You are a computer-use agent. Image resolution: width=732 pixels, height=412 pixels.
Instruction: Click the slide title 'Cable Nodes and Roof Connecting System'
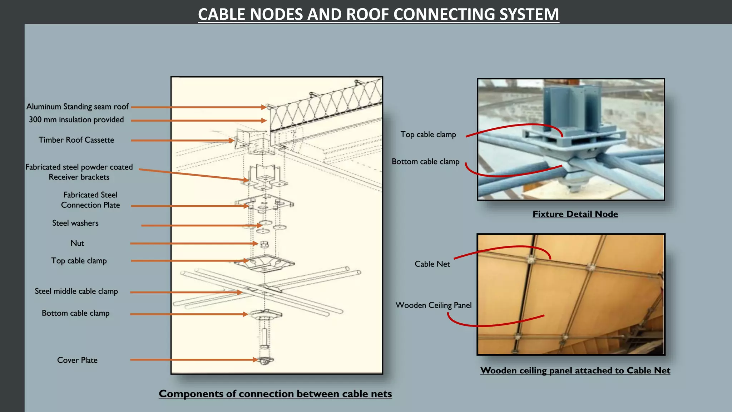coord(379,14)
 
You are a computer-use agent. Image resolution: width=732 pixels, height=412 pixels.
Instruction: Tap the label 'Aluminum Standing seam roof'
coord(78,107)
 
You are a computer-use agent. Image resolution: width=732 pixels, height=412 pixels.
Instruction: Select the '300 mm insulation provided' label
coord(76,119)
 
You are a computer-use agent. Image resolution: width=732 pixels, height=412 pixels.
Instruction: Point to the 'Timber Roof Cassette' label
coord(76,140)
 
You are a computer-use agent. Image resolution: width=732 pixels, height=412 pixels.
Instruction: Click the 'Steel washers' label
coord(75,223)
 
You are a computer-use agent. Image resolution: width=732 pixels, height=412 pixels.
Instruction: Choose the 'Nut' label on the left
coord(77,243)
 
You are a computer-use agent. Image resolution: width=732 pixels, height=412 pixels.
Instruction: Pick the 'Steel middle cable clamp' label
coord(76,291)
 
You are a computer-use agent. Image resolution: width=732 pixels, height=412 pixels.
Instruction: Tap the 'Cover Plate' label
coord(77,360)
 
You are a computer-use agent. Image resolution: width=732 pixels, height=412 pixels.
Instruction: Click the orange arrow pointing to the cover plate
coord(194,360)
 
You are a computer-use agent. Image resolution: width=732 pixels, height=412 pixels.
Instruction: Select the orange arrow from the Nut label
coord(194,244)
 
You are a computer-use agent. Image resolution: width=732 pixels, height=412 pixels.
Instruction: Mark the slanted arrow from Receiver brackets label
coord(194,175)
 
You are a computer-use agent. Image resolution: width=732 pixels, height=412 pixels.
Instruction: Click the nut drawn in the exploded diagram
coord(264,244)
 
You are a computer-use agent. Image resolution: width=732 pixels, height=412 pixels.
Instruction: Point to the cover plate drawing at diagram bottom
coord(265,360)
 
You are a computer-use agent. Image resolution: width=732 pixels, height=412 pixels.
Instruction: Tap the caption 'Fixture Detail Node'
coord(575,214)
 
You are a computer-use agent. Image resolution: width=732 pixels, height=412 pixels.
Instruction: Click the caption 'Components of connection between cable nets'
coord(275,394)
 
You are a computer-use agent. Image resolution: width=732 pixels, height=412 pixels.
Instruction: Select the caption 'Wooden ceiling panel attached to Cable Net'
coord(575,371)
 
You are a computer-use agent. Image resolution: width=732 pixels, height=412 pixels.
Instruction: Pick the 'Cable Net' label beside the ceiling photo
coord(432,264)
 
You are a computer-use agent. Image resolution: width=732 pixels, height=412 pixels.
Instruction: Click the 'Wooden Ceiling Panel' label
coord(434,305)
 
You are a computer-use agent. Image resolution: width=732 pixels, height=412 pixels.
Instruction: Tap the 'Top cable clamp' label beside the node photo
coord(428,134)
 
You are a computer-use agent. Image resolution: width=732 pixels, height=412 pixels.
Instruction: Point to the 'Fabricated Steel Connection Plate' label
coord(90,200)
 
